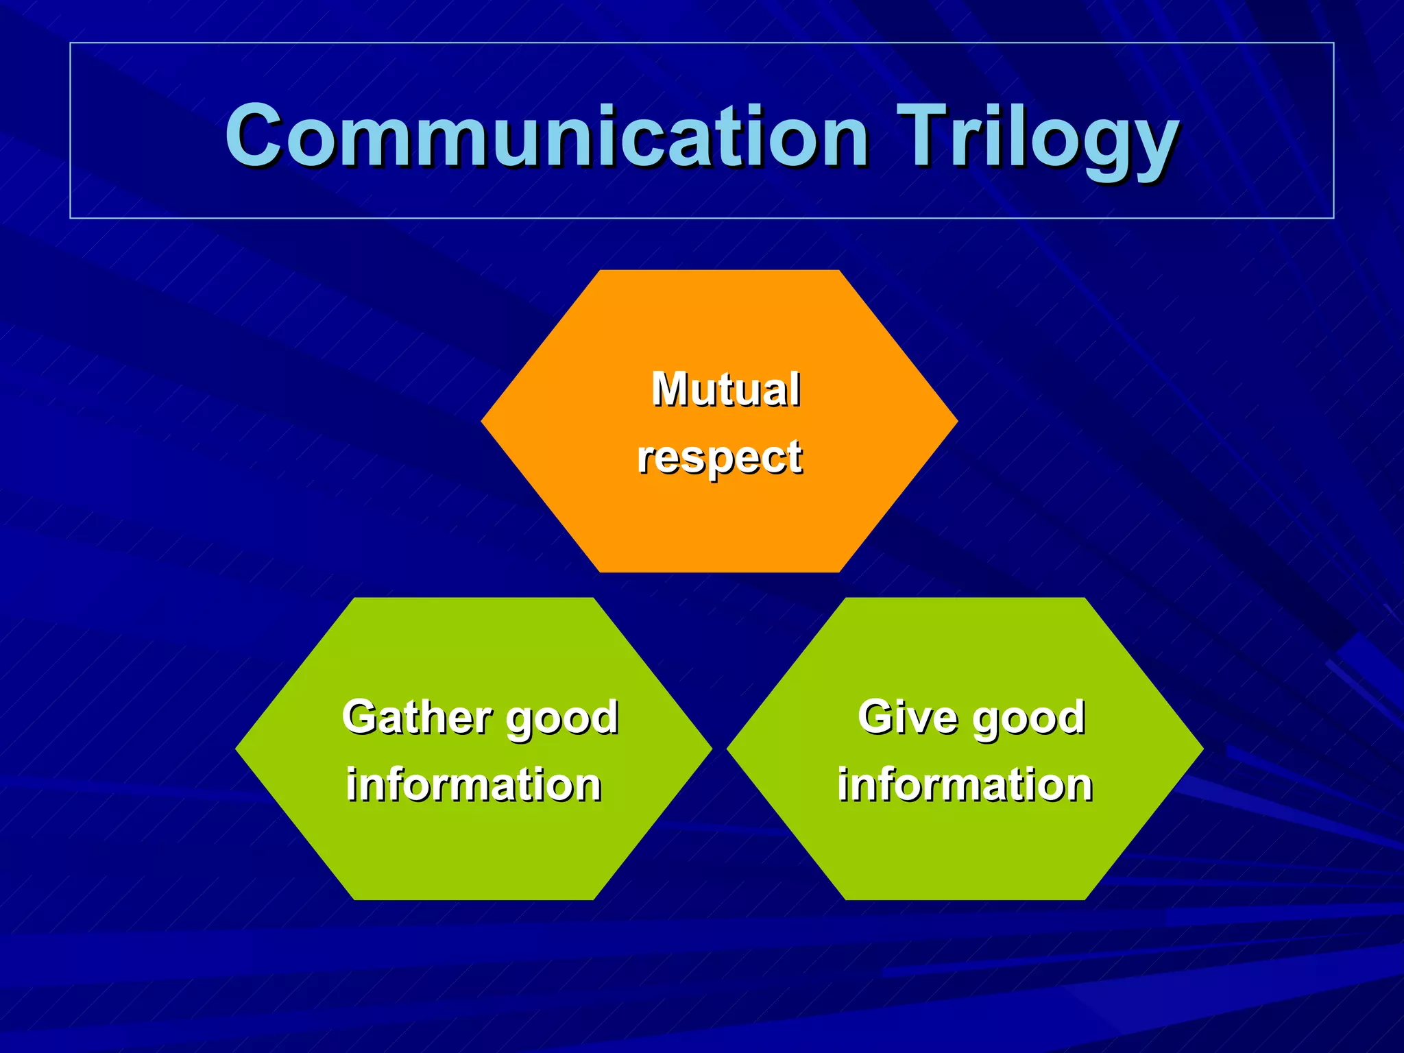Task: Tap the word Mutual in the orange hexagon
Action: [725, 389]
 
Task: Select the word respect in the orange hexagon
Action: [719, 457]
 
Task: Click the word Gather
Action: [417, 717]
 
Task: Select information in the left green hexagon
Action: [473, 784]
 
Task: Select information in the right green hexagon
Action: [965, 784]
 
